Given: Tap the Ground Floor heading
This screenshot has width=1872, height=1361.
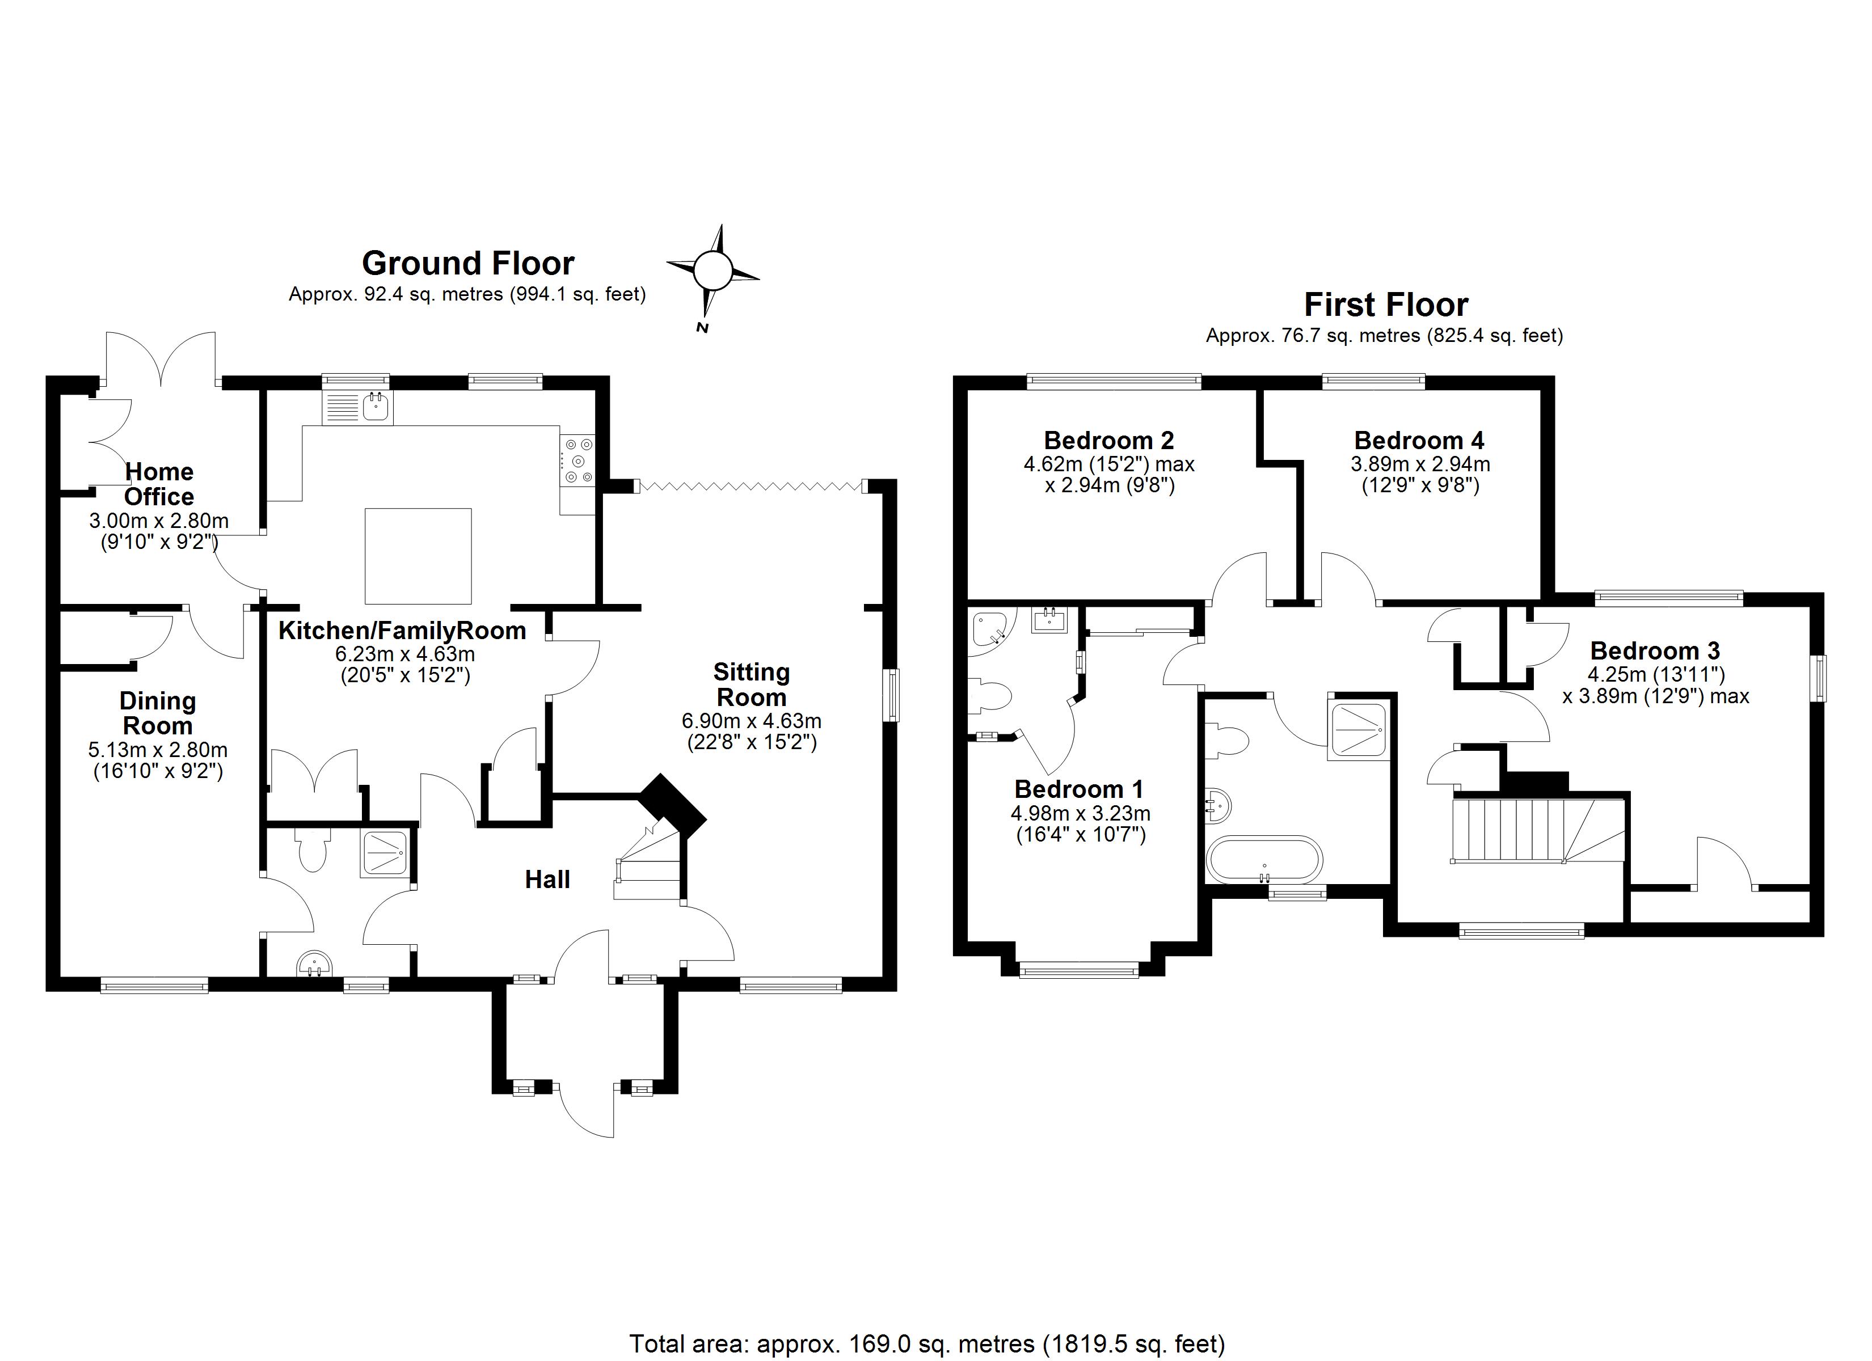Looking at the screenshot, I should point(467,263).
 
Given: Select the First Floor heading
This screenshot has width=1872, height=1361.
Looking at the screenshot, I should point(1385,305).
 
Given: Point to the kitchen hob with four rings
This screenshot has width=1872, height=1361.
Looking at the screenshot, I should point(577,460).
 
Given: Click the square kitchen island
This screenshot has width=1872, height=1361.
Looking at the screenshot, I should point(419,556).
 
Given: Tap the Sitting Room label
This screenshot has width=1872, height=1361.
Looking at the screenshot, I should point(751,684).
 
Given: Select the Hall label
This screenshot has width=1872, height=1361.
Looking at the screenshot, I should point(547,879).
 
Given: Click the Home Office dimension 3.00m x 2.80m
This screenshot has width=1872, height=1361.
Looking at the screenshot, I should point(158,521).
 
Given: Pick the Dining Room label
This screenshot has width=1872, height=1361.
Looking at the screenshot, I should point(158,713).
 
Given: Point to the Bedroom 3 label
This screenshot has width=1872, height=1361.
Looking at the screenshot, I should point(1655,650).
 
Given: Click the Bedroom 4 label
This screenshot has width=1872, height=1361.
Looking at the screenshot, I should point(1419,440).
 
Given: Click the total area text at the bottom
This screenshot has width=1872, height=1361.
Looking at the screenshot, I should point(927,1343).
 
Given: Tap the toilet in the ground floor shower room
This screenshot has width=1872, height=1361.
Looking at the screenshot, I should point(312,850).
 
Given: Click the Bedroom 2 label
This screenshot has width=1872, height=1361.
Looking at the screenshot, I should point(1108,440).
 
